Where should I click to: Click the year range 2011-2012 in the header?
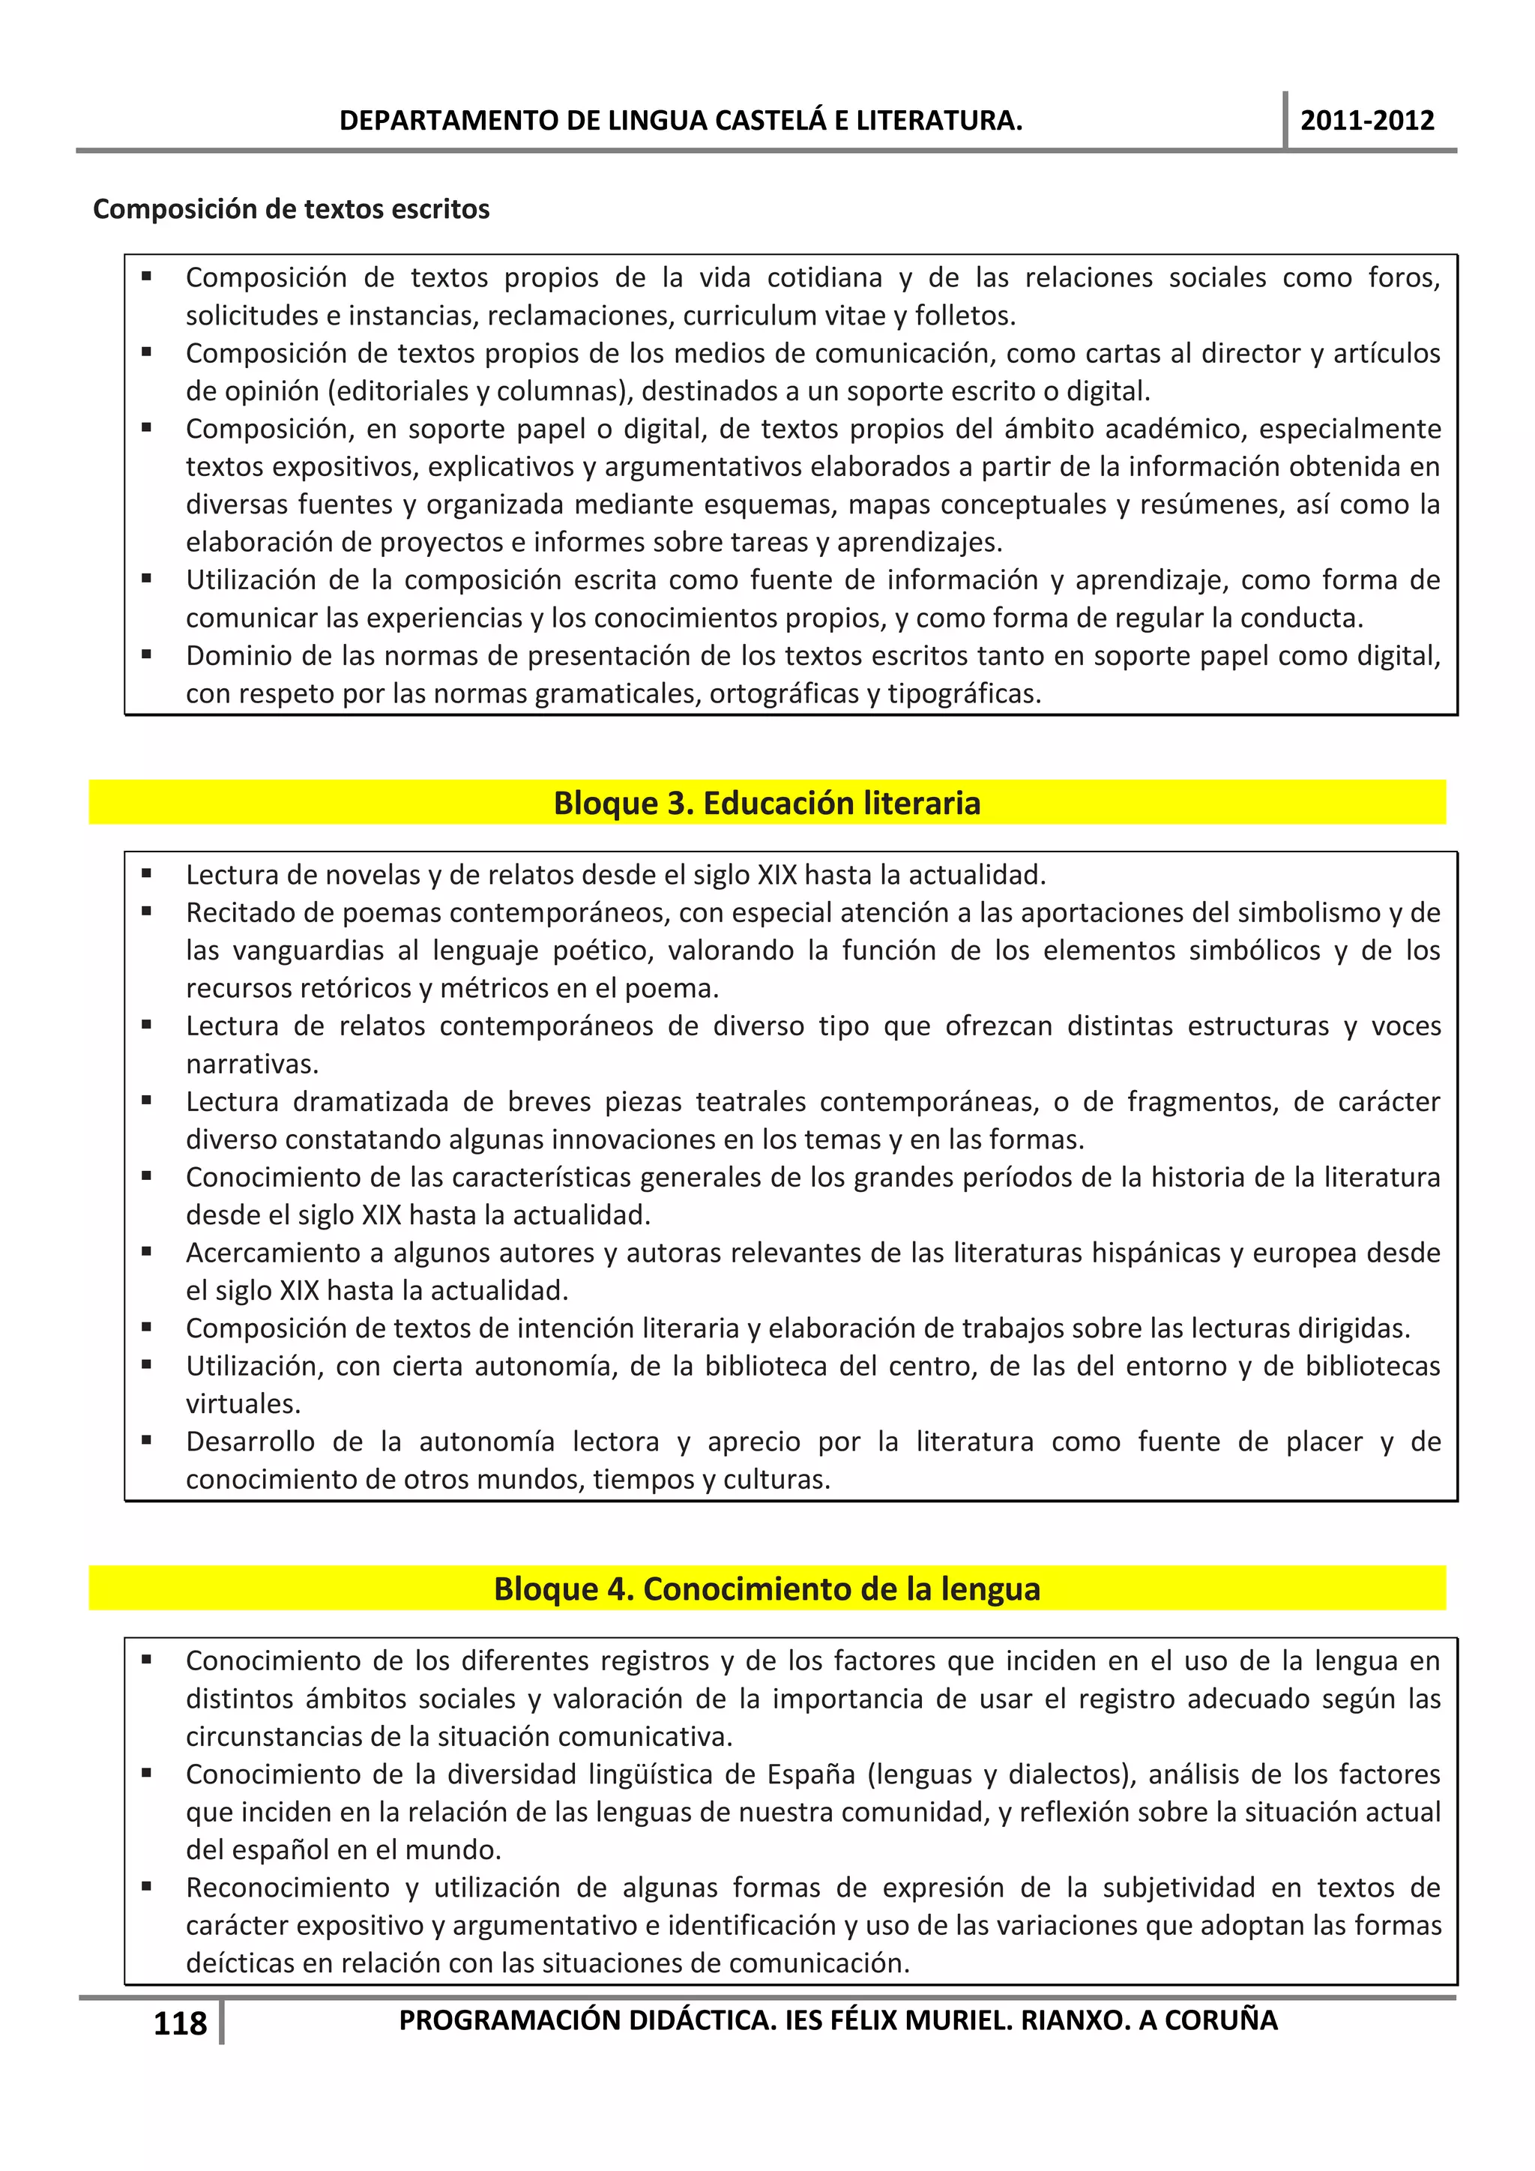pyautogui.click(x=1367, y=121)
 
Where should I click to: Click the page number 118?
pyautogui.click(x=180, y=2023)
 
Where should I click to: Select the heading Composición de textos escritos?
pyautogui.click(x=291, y=209)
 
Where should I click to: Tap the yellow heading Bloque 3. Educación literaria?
pyautogui.click(x=767, y=803)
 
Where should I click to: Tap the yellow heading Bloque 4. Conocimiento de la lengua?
pyautogui.click(x=767, y=1589)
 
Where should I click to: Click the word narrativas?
pyautogui.click(x=251, y=1064)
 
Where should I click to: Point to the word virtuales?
pyautogui.click(x=243, y=1404)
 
